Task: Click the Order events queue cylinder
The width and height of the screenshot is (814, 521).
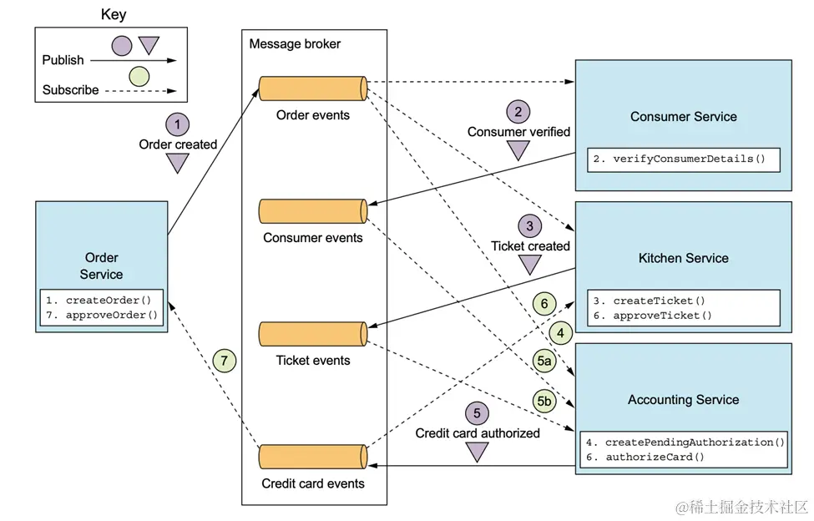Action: coord(313,88)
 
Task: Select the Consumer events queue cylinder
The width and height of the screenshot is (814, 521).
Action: coord(313,211)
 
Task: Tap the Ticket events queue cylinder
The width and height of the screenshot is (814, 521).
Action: coord(313,334)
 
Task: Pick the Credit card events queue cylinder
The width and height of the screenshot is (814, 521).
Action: coord(313,457)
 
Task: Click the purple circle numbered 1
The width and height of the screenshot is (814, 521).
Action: coord(177,124)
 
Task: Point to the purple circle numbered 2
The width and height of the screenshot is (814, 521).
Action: coord(518,111)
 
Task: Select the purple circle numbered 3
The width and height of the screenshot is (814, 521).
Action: coord(529,225)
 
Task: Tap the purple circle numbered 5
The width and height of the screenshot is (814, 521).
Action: coord(477,412)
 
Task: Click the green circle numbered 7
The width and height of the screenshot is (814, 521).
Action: coord(224,362)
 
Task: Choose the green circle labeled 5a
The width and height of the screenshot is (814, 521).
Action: coord(544,361)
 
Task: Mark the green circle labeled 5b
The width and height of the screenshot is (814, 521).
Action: coord(545,402)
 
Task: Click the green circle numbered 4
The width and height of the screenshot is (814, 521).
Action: coord(560,333)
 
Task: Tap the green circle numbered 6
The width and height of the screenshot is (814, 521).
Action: coord(544,304)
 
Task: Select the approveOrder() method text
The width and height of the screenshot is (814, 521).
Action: coord(112,315)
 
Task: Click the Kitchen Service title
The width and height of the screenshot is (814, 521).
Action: coord(683,258)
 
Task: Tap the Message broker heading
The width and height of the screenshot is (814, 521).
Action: coord(295,43)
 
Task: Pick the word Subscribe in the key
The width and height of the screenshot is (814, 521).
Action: coord(70,89)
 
